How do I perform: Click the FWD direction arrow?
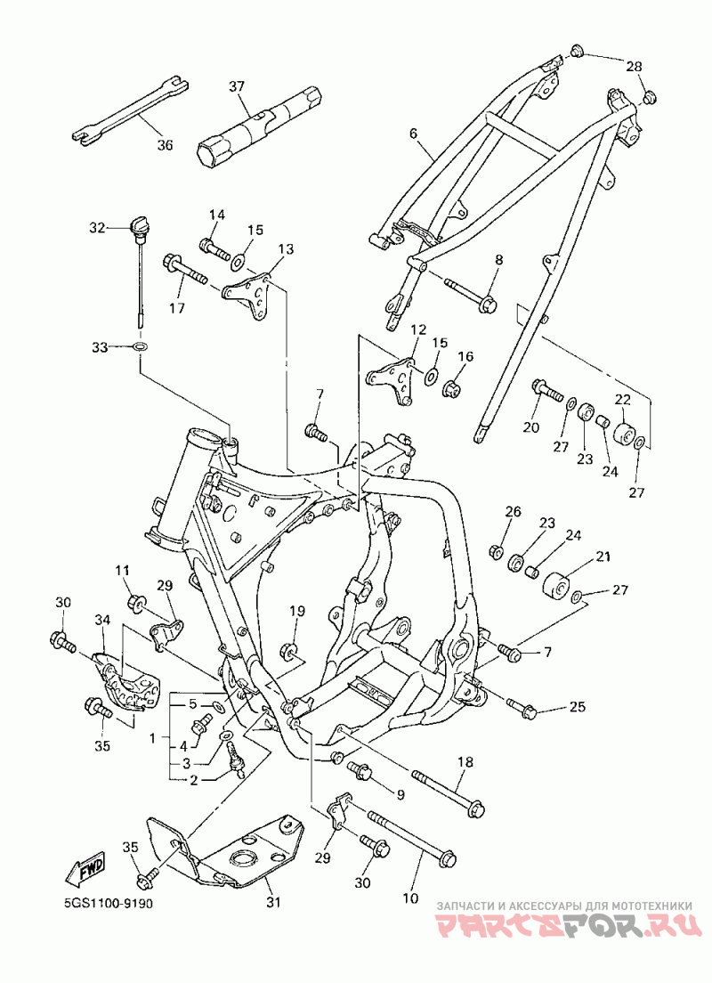(85, 870)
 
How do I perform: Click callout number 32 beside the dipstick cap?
(97, 228)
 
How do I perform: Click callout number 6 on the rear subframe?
(413, 133)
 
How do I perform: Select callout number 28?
(634, 66)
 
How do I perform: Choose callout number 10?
(410, 898)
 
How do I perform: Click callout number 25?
(578, 707)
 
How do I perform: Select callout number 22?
(622, 399)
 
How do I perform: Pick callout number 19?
(297, 610)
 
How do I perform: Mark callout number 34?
(102, 620)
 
